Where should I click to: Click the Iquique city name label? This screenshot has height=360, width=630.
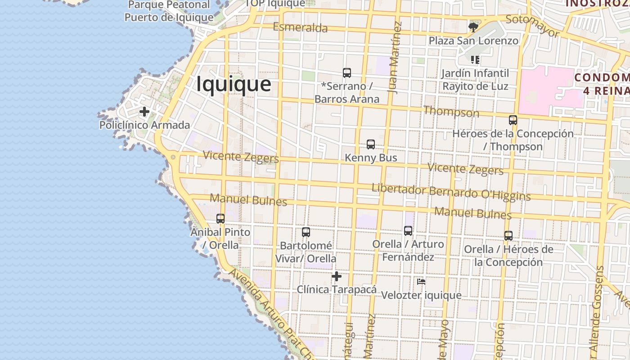point(234,84)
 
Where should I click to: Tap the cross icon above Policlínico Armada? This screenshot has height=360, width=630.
point(144,112)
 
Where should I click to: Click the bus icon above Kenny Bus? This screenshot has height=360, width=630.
point(371,144)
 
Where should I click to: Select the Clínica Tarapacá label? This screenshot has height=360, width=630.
point(336,289)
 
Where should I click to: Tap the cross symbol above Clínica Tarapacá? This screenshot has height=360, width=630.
point(337,276)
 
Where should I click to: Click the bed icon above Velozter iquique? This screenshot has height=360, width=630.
point(421,282)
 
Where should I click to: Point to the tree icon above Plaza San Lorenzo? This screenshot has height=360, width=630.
point(473,27)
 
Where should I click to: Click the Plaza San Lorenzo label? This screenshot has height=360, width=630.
point(473,40)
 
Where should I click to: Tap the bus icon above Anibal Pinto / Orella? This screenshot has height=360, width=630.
point(220,219)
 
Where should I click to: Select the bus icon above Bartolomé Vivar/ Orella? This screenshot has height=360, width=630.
point(306,232)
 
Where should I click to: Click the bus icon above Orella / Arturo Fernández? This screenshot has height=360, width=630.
point(408,231)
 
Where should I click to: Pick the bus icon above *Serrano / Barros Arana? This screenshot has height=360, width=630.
point(347,73)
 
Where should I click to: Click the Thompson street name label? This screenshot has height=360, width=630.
point(451,111)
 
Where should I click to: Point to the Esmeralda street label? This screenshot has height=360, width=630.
point(300,27)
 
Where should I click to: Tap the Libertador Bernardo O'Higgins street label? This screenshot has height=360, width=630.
point(451,192)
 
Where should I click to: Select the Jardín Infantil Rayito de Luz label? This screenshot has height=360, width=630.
point(475,80)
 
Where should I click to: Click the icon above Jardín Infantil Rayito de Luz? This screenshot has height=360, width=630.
point(475,59)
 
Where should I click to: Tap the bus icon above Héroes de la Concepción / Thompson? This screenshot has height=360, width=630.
point(513,120)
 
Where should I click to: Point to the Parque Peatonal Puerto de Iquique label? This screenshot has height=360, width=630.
point(169,11)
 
